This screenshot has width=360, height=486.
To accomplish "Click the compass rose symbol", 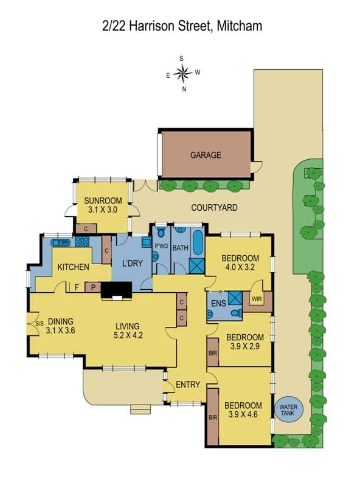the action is click(183, 74).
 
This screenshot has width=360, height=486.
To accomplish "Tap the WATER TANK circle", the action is click(288, 409).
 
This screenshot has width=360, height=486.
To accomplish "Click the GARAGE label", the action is click(206, 155).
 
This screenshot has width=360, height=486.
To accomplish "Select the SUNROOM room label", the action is click(103, 200).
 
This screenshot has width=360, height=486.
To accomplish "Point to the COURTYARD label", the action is click(214, 208).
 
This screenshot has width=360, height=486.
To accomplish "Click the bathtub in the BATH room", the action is click(198, 242).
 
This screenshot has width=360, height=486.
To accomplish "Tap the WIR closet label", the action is click(257, 299).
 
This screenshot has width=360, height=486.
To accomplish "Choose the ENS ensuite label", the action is click(218, 303).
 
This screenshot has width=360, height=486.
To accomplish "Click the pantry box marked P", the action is click(93, 287).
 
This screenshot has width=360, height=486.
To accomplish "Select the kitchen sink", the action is click(61, 242).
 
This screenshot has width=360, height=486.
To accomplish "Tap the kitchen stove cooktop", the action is click(82, 242).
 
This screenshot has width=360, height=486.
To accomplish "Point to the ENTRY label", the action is click(188, 385).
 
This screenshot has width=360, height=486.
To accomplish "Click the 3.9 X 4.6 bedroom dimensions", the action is click(243, 414).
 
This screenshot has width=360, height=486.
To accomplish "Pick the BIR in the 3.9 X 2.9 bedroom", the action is click(213, 352).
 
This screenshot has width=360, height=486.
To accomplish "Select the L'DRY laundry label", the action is click(133, 264).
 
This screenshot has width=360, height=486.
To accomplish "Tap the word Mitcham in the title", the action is click(239, 26).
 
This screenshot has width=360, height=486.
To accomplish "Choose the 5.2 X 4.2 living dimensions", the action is click(128, 335).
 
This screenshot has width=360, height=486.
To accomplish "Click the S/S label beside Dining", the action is click(40, 324).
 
